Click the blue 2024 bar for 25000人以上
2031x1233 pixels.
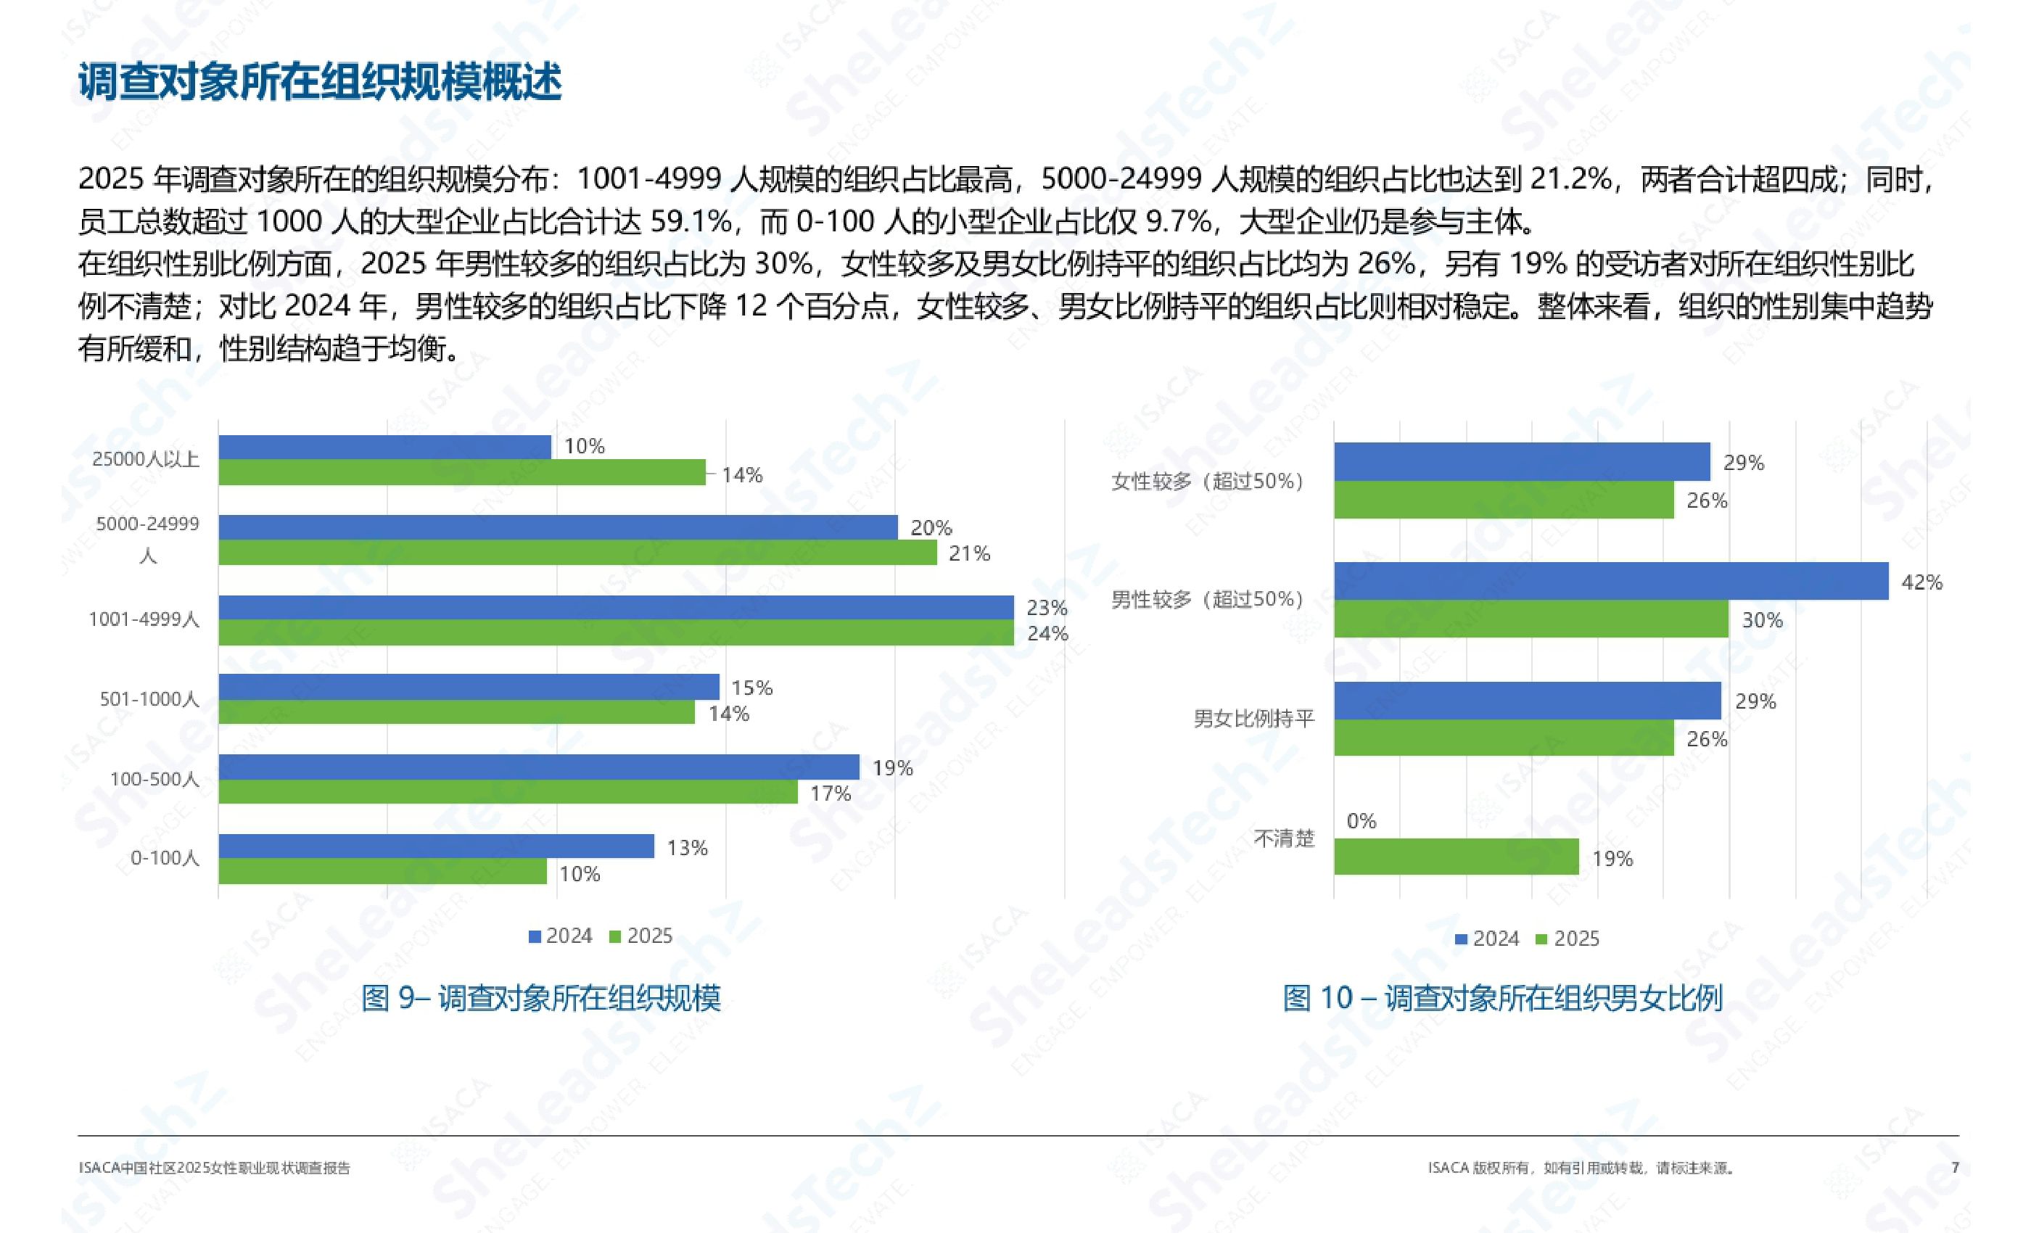pos(384,447)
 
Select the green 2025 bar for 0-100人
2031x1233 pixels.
pos(382,871)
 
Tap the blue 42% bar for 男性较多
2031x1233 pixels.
pos(1610,581)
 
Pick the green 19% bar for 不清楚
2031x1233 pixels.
pos(1456,857)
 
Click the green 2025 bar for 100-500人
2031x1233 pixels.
pos(508,792)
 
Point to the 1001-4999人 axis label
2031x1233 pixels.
pos(144,619)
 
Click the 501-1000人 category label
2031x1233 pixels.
pos(149,699)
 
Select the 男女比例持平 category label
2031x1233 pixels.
pos(1253,719)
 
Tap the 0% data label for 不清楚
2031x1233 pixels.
pos(1361,821)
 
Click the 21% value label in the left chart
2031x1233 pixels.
pos(968,553)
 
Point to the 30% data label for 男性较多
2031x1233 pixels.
pos(1761,620)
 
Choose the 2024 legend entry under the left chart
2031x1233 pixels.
pos(561,936)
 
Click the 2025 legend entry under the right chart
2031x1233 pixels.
pos(1567,939)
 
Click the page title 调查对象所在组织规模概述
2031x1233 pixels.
pos(320,81)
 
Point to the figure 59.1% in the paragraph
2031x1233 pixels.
pos(691,221)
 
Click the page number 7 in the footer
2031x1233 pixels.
pos(1955,1167)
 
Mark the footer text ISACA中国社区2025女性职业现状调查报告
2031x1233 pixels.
pos(214,1168)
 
